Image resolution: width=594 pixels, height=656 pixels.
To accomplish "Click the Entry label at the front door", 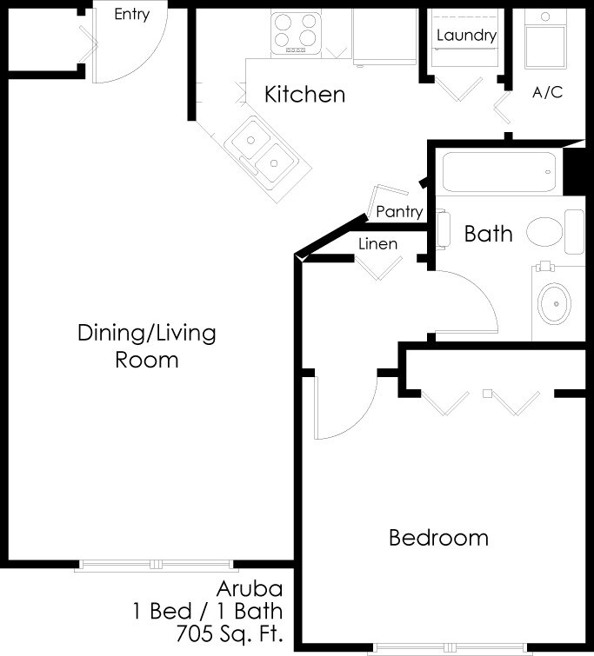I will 132,15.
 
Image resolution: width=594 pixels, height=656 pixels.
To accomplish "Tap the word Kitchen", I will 305,94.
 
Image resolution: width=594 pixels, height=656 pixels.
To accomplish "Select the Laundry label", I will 466,36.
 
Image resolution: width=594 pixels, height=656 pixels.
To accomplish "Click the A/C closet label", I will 547,92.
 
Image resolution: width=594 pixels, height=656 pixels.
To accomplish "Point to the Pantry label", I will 399,211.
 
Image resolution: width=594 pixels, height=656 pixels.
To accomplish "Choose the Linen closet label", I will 377,244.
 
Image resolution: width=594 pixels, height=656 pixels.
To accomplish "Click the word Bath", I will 488,234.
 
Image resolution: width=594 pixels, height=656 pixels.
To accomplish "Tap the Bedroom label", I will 438,538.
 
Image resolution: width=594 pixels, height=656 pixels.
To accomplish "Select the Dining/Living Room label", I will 147,345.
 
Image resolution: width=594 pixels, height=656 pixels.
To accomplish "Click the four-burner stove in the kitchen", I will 296,32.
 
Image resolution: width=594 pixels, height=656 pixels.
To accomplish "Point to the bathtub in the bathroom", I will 498,172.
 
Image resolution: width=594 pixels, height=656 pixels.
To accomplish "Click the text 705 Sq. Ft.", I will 229,632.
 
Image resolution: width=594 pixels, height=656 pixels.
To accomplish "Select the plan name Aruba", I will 250,590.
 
